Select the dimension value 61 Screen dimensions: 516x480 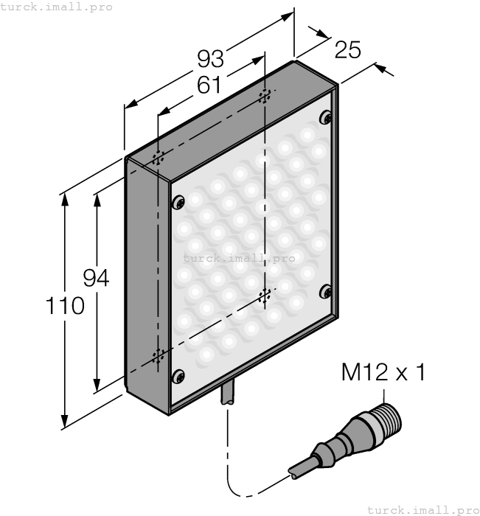coord(209,86)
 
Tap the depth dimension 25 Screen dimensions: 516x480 coord(347,50)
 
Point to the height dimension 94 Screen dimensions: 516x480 coord(96,278)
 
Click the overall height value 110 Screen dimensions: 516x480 coord(64,305)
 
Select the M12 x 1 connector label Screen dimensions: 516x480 coord(383,372)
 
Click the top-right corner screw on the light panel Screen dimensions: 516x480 coord(326,117)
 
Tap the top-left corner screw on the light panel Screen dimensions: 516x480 coord(177,203)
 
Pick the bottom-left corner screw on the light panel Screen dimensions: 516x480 coord(177,377)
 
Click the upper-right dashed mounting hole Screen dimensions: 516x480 coord(265,97)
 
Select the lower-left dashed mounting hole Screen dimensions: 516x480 coord(158,357)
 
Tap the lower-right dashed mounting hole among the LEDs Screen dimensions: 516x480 coord(265,296)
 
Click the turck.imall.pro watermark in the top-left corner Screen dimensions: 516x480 coord(57,7)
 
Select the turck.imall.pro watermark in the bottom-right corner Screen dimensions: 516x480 coord(422,509)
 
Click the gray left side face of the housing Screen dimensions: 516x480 coord(142,280)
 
